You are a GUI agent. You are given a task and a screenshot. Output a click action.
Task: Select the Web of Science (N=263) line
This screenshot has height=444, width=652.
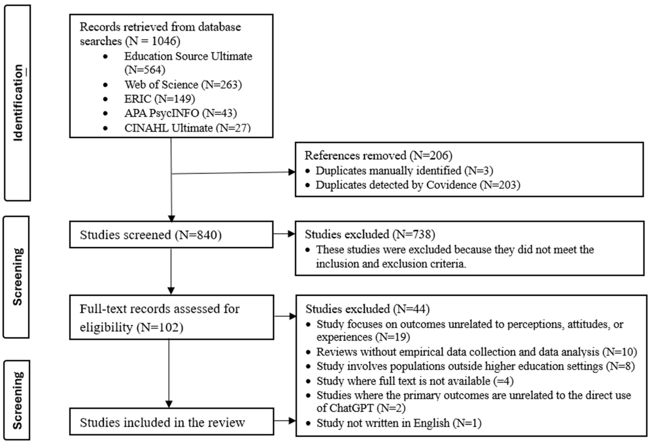pyautogui.click(x=183, y=85)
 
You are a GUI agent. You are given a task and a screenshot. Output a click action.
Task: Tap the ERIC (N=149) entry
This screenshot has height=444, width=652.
pyautogui.click(x=159, y=99)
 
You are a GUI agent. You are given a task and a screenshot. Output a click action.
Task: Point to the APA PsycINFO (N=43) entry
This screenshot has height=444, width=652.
pyautogui.click(x=180, y=113)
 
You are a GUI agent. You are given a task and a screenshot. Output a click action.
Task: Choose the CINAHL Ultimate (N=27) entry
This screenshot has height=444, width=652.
pyautogui.click(x=187, y=128)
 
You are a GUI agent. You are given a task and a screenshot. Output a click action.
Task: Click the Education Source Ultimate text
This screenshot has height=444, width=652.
pyautogui.click(x=188, y=56)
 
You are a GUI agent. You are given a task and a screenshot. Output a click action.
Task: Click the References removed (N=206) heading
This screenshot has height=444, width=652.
pyautogui.click(x=378, y=155)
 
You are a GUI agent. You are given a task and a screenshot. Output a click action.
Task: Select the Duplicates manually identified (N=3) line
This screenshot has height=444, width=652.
pyautogui.click(x=404, y=170)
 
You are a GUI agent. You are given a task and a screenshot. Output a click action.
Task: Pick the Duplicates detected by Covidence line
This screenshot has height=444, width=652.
pyautogui.click(x=417, y=185)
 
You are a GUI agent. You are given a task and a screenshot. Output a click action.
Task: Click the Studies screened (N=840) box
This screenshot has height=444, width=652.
pyautogui.click(x=171, y=234)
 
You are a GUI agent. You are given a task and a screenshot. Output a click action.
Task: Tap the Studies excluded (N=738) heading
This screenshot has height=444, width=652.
pyautogui.click(x=370, y=234)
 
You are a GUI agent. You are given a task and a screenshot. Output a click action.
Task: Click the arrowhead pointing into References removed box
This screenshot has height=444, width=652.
pyautogui.click(x=292, y=172)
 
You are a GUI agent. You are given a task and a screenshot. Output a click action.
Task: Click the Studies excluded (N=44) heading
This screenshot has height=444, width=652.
pyautogui.click(x=367, y=309)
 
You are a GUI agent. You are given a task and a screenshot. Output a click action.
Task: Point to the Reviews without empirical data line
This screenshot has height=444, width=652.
pyautogui.click(x=476, y=352)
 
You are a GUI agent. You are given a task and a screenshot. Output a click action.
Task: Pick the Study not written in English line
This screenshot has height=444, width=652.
pyautogui.click(x=399, y=423)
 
